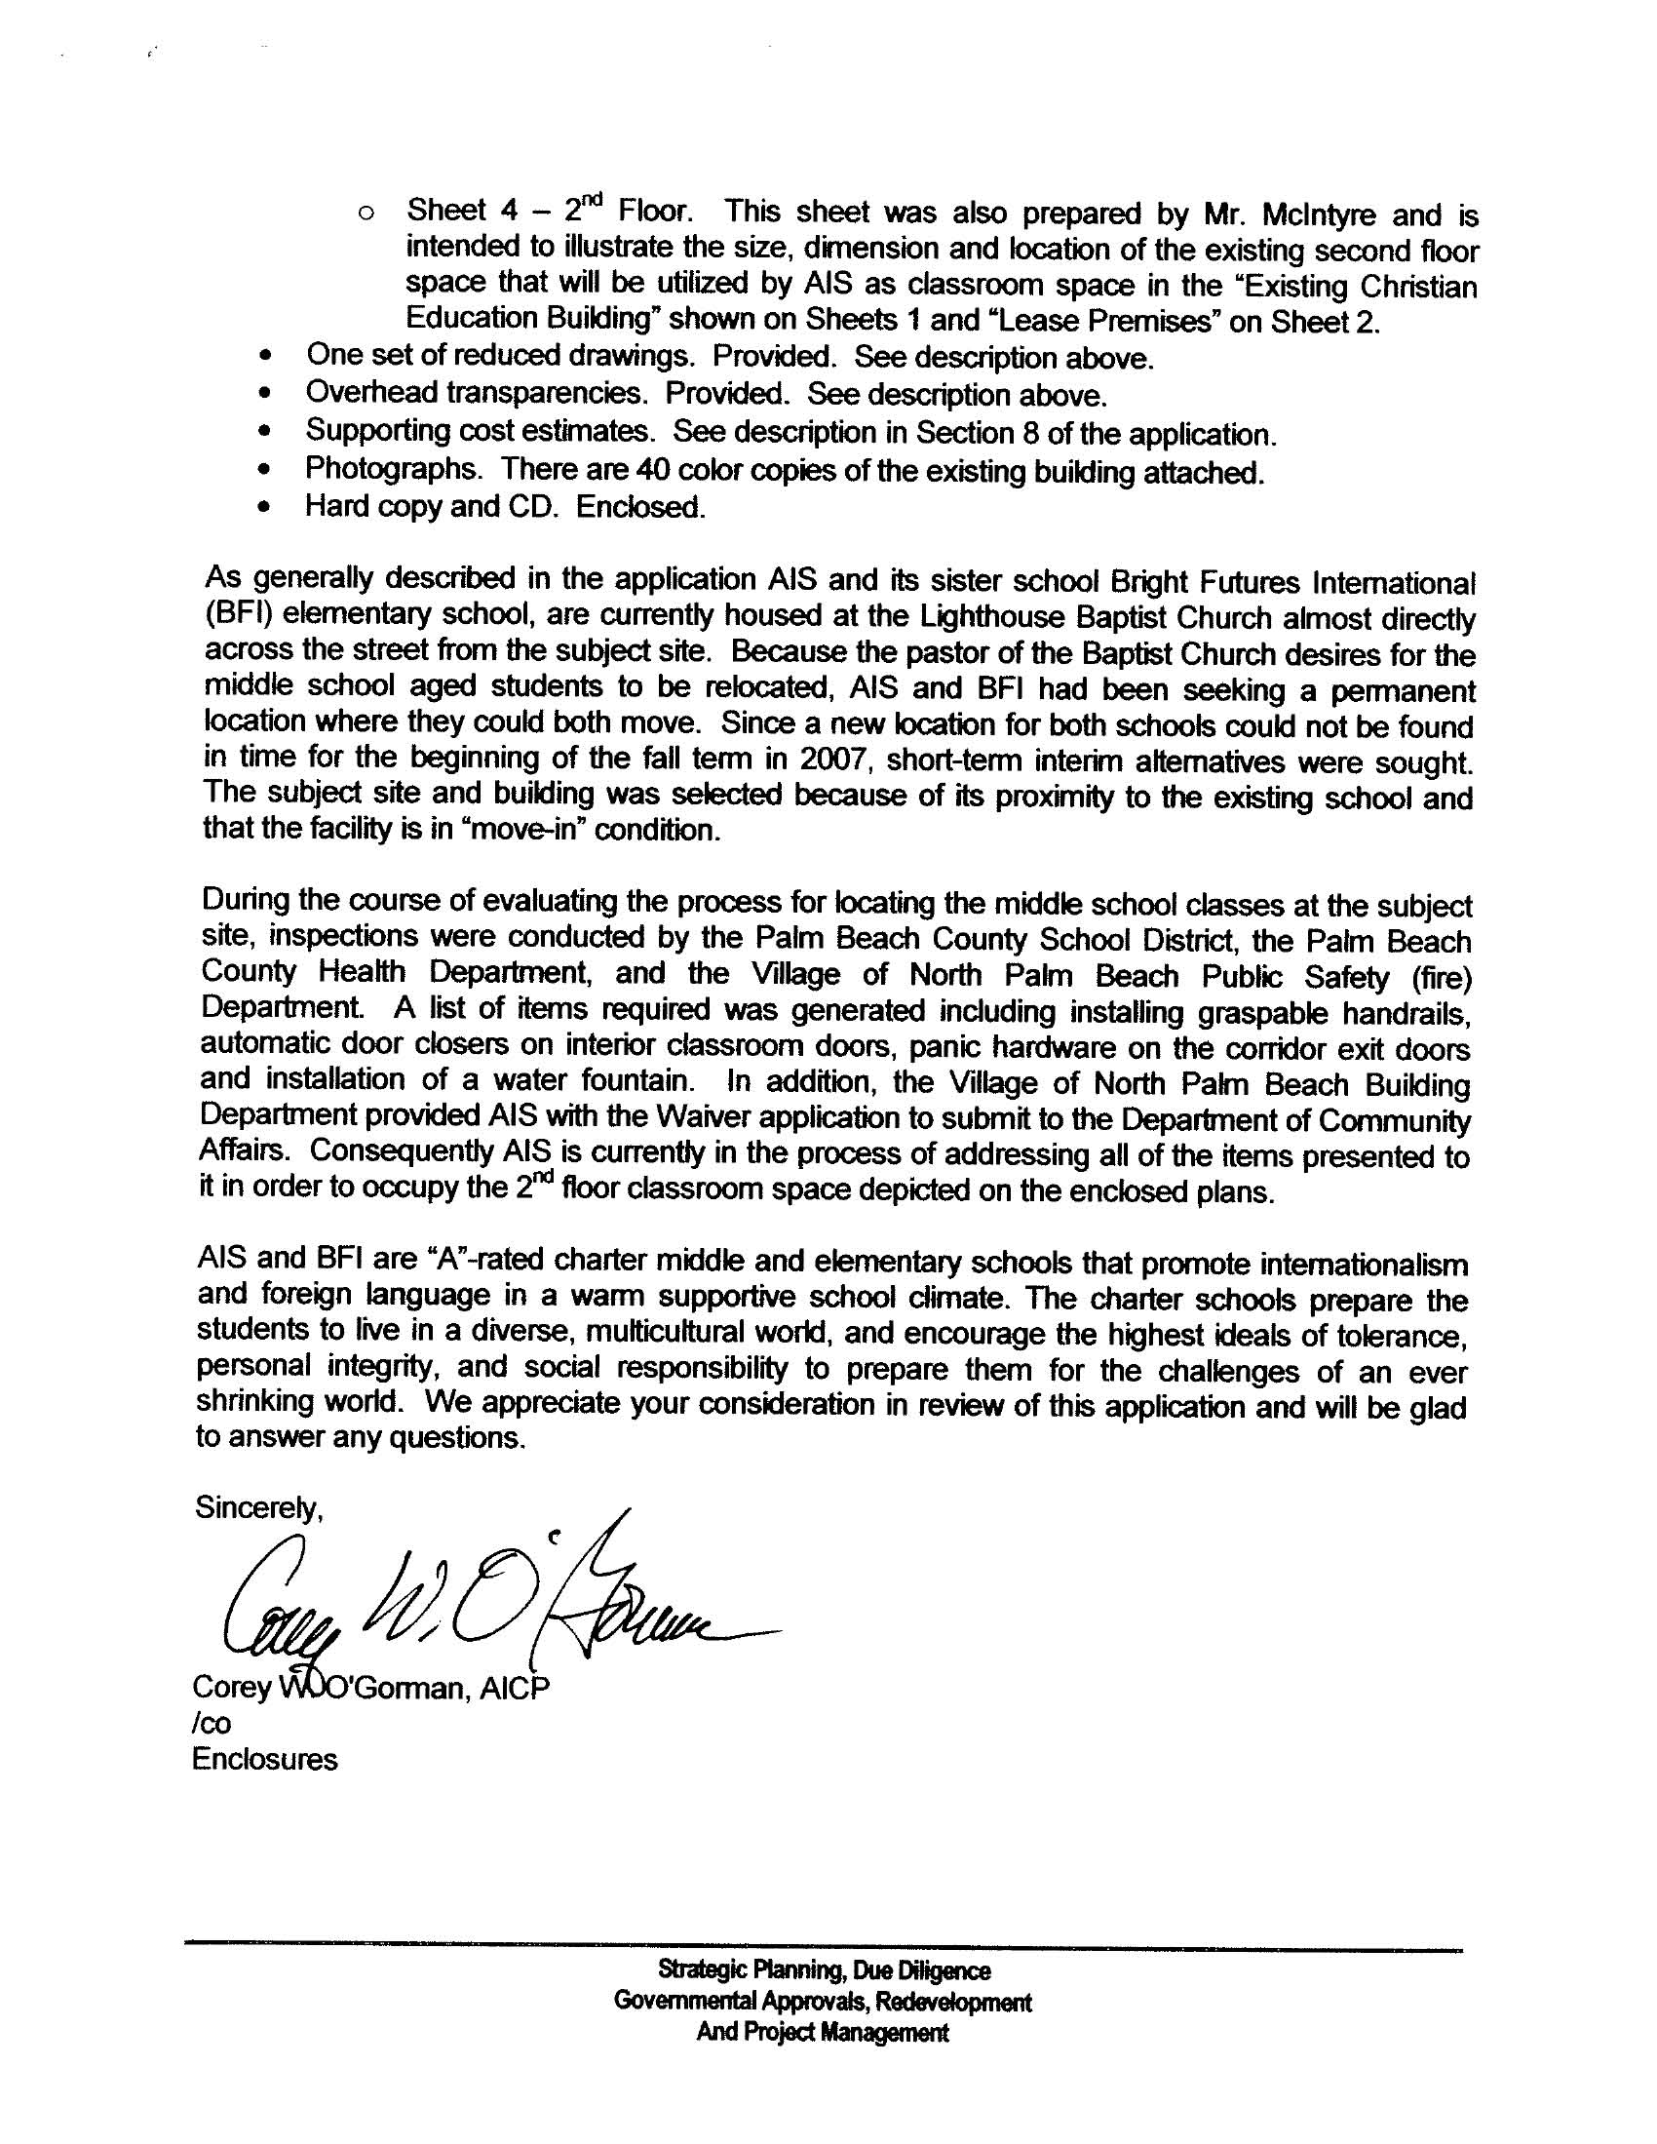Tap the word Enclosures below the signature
point(265,1758)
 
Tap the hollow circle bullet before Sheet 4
point(366,213)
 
